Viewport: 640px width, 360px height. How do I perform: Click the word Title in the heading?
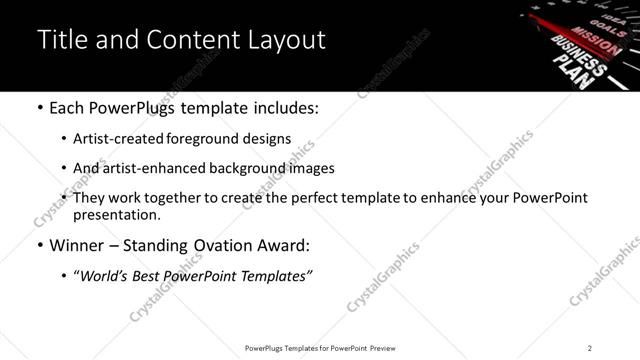pos(62,40)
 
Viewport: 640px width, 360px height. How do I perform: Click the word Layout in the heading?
pos(287,40)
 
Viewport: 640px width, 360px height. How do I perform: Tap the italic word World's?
pos(105,276)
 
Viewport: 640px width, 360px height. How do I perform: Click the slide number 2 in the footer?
pos(590,347)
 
